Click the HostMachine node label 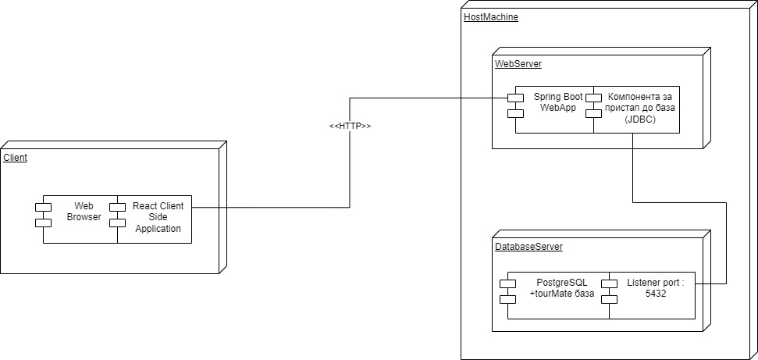[490, 17]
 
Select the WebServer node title [518, 64]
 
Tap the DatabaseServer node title [528, 247]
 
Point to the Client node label [16, 158]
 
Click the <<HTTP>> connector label [350, 127]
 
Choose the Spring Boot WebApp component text [558, 102]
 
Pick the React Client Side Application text [158, 217]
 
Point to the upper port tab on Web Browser [43, 207]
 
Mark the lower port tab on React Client [117, 223]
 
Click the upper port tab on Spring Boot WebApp [515, 98]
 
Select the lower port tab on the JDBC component [593, 113]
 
